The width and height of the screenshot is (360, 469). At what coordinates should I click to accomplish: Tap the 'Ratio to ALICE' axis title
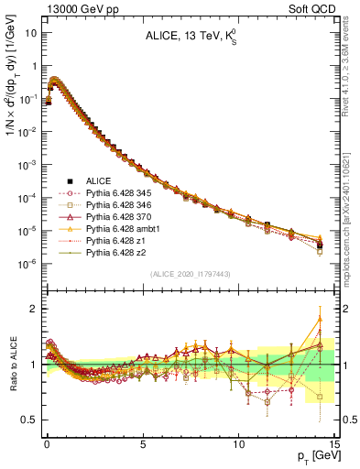click(x=12, y=365)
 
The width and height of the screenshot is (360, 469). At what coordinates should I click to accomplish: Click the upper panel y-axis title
click(x=12, y=92)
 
